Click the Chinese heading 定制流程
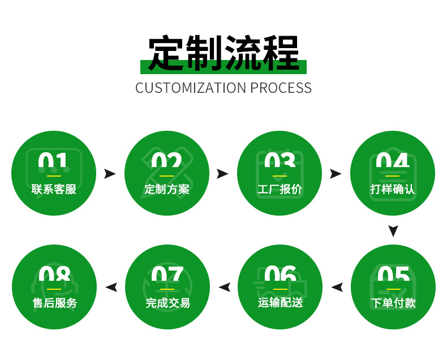click(223, 53)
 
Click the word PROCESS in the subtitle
click(281, 88)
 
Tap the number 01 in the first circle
click(53, 164)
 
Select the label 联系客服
click(54, 189)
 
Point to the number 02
click(166, 164)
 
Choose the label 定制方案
click(167, 189)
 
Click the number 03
click(280, 164)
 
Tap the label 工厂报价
click(280, 189)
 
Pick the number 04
click(393, 164)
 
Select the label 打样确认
click(393, 189)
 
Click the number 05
click(393, 277)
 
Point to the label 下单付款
click(393, 303)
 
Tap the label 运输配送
click(280, 303)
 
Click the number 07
click(167, 277)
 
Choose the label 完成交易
click(167, 303)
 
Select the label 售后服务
click(54, 303)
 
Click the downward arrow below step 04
click(393, 230)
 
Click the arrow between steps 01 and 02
click(110, 174)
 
